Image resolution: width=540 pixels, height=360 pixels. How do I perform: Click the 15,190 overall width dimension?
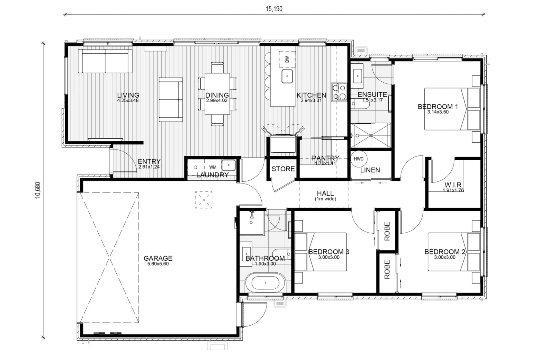[274, 9]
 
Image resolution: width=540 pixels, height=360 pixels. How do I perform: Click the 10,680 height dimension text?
[38, 190]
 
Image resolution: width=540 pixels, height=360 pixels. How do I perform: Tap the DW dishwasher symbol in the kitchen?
[287, 59]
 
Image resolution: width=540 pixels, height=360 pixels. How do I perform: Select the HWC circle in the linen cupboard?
[359, 159]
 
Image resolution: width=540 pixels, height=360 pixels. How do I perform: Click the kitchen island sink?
[287, 76]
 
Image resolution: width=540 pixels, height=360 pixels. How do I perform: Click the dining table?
[217, 94]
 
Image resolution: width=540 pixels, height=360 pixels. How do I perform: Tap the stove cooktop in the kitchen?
[339, 92]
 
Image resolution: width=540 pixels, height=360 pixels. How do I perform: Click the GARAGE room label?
[158, 258]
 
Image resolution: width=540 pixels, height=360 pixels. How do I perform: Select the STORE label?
[283, 169]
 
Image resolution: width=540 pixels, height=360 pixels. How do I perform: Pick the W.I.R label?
[453, 185]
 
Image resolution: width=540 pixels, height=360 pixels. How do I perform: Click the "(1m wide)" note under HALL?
[325, 199]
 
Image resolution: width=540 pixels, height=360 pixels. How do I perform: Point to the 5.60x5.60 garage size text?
[158, 264]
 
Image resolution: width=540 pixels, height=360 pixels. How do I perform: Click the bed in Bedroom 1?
[452, 109]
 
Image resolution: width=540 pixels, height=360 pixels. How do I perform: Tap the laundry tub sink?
[228, 165]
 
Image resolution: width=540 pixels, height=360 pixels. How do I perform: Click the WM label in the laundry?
[213, 167]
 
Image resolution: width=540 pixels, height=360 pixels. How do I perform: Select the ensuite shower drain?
[370, 135]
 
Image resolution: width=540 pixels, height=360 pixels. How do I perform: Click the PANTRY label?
[325, 158]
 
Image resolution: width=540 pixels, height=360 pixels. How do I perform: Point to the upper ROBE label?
[387, 231]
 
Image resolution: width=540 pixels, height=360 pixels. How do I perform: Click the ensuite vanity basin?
[358, 76]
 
